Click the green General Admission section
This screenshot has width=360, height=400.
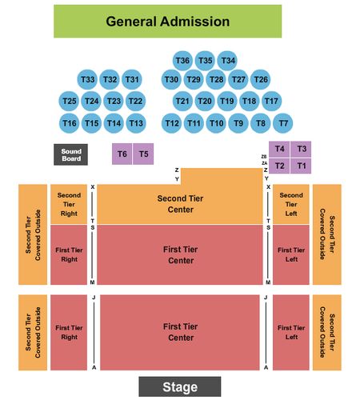(x=167, y=22)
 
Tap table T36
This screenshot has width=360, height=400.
(x=182, y=61)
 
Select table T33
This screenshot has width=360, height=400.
(x=87, y=79)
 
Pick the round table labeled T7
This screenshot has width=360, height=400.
(x=283, y=123)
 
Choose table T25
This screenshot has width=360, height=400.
(x=69, y=101)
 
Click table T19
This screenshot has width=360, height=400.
(x=227, y=101)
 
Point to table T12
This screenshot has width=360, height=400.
(x=172, y=123)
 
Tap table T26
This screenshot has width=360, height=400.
(x=261, y=79)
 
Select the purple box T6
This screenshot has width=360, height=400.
(x=122, y=154)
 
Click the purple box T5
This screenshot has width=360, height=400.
(x=143, y=154)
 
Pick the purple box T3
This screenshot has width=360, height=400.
(x=301, y=149)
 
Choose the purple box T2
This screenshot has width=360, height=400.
(x=279, y=166)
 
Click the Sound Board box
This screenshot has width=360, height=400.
(x=70, y=154)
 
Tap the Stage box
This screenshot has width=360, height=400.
(x=180, y=386)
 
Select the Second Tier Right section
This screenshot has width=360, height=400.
(x=69, y=204)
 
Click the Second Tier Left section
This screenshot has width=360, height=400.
(x=291, y=204)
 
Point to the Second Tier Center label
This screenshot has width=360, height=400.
(x=180, y=204)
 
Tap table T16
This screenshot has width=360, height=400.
(x=69, y=123)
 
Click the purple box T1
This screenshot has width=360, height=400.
(x=301, y=166)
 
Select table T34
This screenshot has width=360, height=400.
(x=227, y=61)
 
